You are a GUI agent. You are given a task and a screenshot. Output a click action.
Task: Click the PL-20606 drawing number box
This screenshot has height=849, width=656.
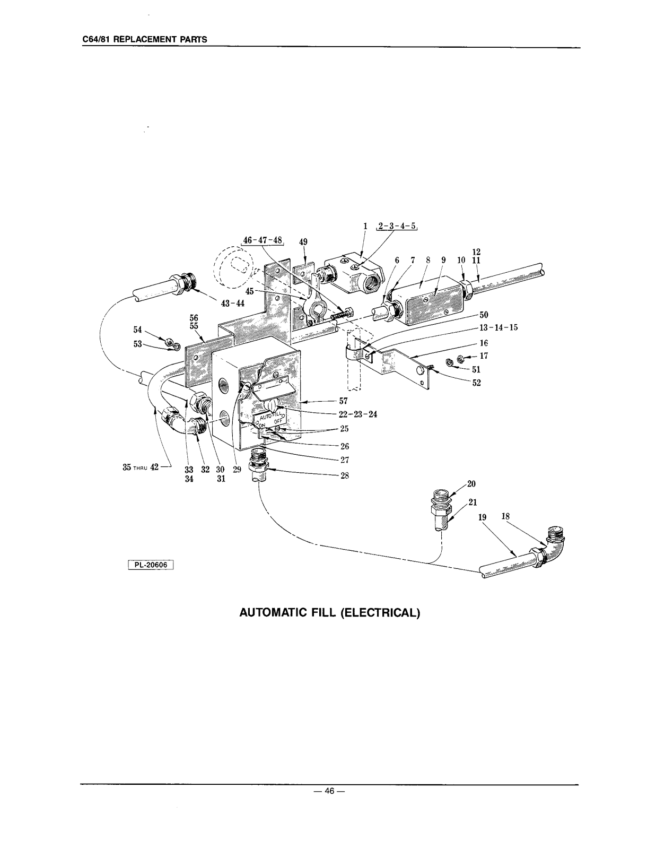click(151, 565)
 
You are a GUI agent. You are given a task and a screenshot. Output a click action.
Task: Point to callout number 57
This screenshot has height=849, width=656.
click(343, 401)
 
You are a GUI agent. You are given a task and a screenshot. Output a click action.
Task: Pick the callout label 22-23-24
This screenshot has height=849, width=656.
click(358, 414)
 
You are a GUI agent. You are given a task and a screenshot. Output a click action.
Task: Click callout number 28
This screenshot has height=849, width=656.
click(345, 475)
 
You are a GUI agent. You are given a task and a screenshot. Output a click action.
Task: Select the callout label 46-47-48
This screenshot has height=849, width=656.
click(262, 240)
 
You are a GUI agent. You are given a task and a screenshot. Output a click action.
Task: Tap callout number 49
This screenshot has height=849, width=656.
click(303, 241)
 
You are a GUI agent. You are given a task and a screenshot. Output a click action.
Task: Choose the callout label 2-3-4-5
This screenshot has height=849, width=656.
click(397, 226)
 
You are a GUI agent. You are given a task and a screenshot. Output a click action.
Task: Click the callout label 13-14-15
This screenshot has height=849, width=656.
click(498, 327)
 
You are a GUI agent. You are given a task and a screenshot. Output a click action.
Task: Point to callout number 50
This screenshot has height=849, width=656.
click(483, 315)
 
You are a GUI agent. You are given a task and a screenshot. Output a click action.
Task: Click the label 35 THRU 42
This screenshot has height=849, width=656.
click(141, 467)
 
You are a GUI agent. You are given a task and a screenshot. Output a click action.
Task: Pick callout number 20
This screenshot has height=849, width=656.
click(471, 483)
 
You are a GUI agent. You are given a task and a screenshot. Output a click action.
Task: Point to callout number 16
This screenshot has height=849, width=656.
click(483, 343)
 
